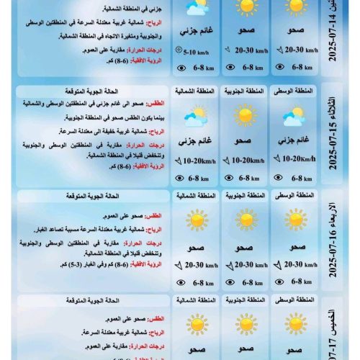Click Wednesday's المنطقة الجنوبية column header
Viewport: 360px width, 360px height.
point(245,196)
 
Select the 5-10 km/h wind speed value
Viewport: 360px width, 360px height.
point(195,52)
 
